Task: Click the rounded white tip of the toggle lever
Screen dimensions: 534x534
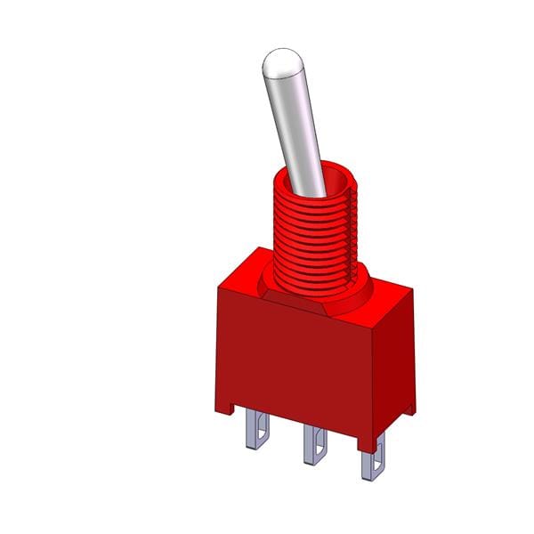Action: pos(279,64)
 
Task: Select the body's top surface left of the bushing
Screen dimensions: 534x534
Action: pos(245,271)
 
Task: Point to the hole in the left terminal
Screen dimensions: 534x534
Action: pos(255,433)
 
